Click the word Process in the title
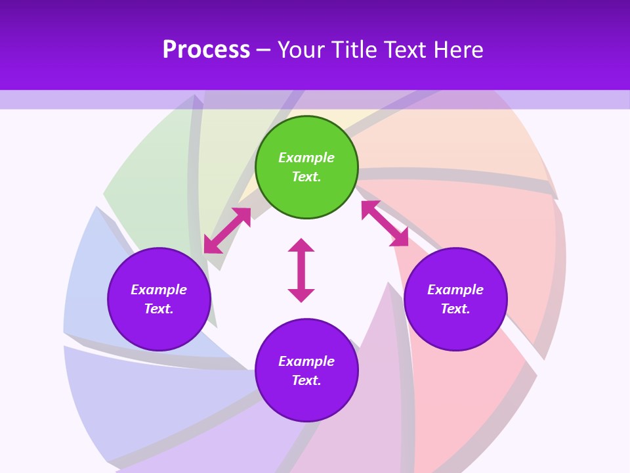(206, 50)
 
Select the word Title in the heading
(358, 50)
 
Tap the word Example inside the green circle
(306, 158)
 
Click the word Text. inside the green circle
(306, 177)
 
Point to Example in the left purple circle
(159, 290)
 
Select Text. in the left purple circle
(159, 309)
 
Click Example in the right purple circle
(455, 290)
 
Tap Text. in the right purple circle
(455, 309)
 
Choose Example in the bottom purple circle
(306, 361)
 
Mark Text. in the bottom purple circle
(306, 380)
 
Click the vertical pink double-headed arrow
(301, 271)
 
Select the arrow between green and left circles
(227, 231)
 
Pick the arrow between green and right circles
(385, 223)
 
